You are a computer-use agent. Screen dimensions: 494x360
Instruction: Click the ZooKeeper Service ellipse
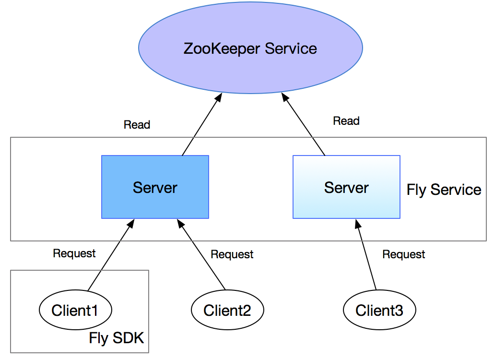250,48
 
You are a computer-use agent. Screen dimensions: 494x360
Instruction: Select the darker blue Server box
155,187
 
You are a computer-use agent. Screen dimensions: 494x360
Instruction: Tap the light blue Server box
346,187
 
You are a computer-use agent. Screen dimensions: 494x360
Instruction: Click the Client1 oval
75,310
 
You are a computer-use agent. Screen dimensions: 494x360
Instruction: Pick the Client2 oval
227,310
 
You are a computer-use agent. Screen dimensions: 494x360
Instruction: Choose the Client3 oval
379,310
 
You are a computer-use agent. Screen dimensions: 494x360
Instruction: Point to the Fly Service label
444,190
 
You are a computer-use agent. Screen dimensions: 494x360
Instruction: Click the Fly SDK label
116,338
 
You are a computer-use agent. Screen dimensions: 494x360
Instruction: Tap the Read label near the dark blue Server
137,124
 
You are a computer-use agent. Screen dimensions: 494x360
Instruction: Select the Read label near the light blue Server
346,121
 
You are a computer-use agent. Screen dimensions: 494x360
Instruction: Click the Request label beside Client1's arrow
74,253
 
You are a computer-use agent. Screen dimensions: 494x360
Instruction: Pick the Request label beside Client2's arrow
232,254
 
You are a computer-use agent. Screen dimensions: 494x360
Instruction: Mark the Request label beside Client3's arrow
403,254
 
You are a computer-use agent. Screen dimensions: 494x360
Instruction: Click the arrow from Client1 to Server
111,255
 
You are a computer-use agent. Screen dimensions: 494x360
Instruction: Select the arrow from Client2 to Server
201,254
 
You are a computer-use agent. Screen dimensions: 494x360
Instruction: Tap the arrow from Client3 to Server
366,254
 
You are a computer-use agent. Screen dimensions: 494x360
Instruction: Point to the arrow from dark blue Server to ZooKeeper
202,124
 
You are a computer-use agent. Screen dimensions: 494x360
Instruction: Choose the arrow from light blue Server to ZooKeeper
303,124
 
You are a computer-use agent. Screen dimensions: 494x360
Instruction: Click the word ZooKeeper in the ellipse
222,48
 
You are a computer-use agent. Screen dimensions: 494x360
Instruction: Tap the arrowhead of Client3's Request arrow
358,224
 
